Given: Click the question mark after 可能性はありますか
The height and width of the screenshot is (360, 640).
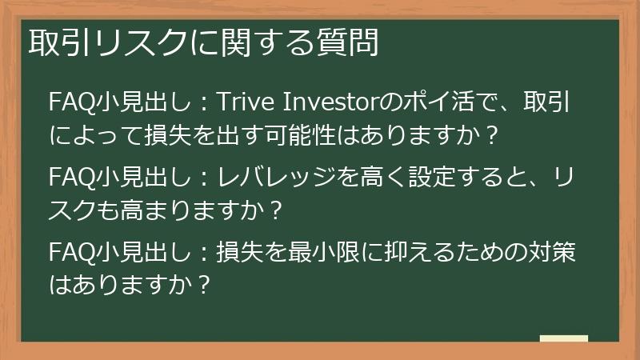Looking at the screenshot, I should click(493, 134).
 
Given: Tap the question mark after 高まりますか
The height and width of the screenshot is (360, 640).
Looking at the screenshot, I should click(275, 210).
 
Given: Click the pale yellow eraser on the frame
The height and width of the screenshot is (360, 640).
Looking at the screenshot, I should click(564, 338).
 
